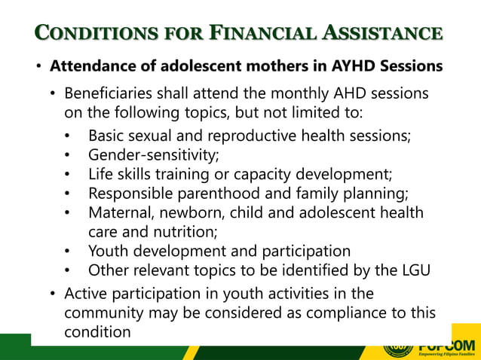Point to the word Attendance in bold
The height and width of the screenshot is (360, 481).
[x=92, y=66]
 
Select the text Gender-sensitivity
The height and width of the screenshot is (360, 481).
[x=154, y=156]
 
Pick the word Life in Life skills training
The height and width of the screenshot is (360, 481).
[x=100, y=175]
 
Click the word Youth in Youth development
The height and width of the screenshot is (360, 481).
[x=106, y=251]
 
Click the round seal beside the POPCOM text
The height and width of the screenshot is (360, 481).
[x=398, y=347]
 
